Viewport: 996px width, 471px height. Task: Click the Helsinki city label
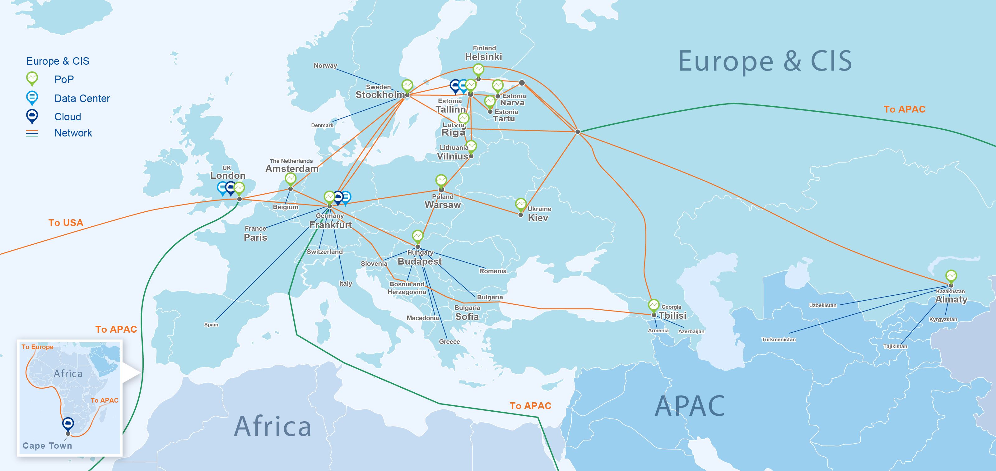[x=483, y=57]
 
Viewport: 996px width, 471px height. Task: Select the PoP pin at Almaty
[x=951, y=276]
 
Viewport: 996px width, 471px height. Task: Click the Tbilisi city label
[x=673, y=315]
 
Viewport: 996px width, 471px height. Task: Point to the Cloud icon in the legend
[x=32, y=116]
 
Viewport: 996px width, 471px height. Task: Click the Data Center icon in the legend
[x=32, y=97]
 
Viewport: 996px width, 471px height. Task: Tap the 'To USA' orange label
[x=66, y=223]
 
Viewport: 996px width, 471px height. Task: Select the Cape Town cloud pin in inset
[x=68, y=424]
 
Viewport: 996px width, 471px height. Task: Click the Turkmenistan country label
[x=778, y=339]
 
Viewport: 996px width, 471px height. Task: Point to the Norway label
[x=325, y=66]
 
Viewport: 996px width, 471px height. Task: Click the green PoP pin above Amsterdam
[x=291, y=179]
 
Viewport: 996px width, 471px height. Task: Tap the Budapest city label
[x=420, y=261]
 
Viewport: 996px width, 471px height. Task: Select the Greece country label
[x=449, y=342]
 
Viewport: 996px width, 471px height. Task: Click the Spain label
[x=211, y=325]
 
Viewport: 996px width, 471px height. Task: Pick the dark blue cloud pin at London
[x=231, y=188]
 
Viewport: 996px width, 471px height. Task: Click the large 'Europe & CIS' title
[x=765, y=62]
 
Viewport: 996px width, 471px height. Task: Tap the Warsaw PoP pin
[x=441, y=180]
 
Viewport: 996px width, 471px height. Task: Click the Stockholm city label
[x=380, y=95]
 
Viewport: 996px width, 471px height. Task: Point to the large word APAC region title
[x=690, y=406]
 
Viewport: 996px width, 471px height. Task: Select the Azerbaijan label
[x=691, y=331]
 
